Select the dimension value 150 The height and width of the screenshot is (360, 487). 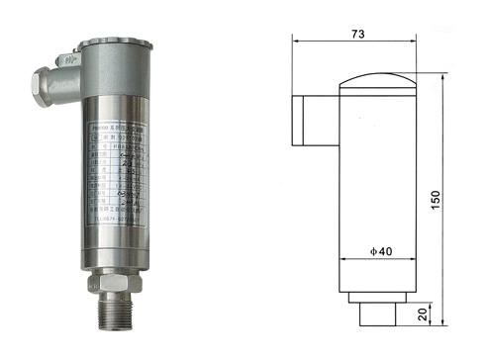(462, 199)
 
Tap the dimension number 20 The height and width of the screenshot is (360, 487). (425, 314)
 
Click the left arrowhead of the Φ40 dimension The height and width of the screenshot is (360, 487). (344, 260)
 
